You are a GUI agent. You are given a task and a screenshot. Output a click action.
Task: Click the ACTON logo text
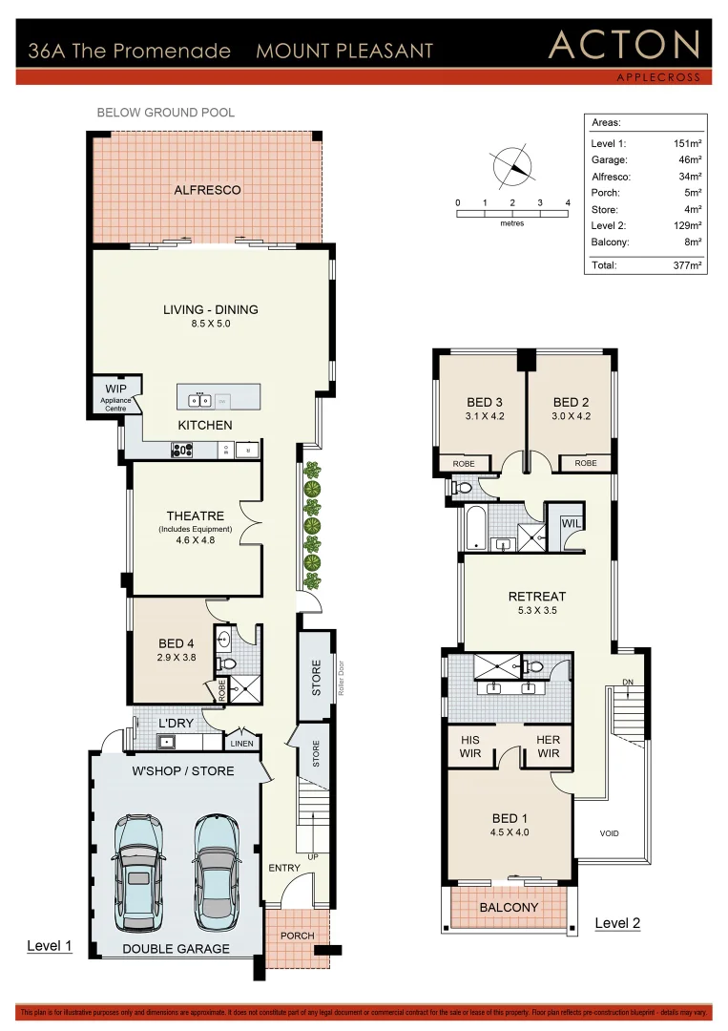(624, 45)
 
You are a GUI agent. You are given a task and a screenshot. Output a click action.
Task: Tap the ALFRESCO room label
(207, 190)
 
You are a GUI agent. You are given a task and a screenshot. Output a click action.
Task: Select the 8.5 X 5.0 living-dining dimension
(210, 324)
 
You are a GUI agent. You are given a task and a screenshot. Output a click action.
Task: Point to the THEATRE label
(195, 516)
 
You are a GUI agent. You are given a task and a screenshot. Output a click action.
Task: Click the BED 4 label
(171, 644)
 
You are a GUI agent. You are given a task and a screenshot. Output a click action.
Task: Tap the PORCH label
(297, 935)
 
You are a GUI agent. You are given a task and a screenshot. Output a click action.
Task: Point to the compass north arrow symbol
(512, 167)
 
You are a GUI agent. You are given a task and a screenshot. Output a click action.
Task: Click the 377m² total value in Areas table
(687, 265)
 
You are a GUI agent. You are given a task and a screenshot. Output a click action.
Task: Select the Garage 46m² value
(689, 160)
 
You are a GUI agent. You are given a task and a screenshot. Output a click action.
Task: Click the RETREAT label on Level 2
(536, 597)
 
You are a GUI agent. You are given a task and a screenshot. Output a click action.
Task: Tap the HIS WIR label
(469, 747)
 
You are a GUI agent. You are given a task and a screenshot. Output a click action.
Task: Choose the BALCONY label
(509, 907)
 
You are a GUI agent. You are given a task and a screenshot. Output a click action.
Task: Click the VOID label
(609, 833)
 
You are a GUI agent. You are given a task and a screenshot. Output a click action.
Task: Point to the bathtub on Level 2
(474, 527)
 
